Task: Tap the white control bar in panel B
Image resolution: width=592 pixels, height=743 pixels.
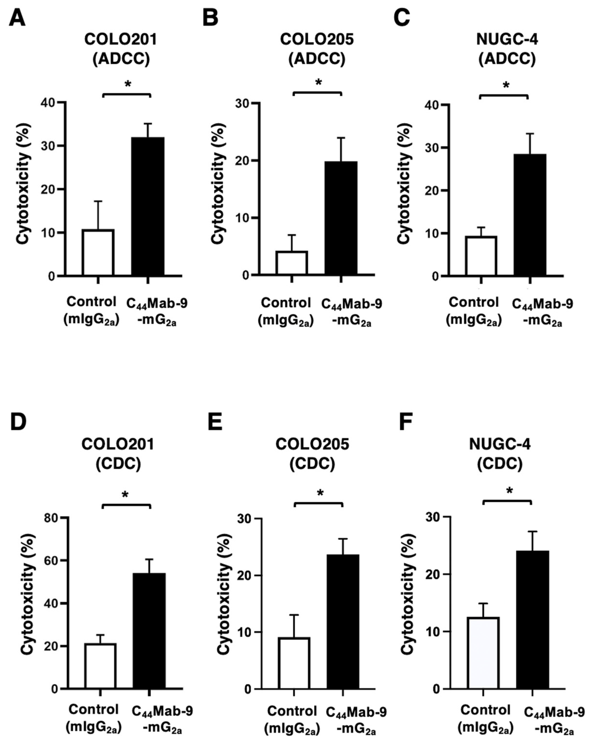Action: tap(292, 263)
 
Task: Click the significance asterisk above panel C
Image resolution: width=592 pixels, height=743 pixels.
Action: tap(506, 85)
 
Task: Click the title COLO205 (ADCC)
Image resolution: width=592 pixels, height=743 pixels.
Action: tap(317, 49)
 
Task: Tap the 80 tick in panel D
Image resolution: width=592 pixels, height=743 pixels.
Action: tap(51, 518)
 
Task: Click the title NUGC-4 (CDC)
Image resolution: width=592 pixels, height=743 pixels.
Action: tap(500, 454)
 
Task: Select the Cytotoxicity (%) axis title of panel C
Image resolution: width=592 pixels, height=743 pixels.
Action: tap(404, 184)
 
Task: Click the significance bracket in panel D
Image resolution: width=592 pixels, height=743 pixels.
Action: tap(126, 506)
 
